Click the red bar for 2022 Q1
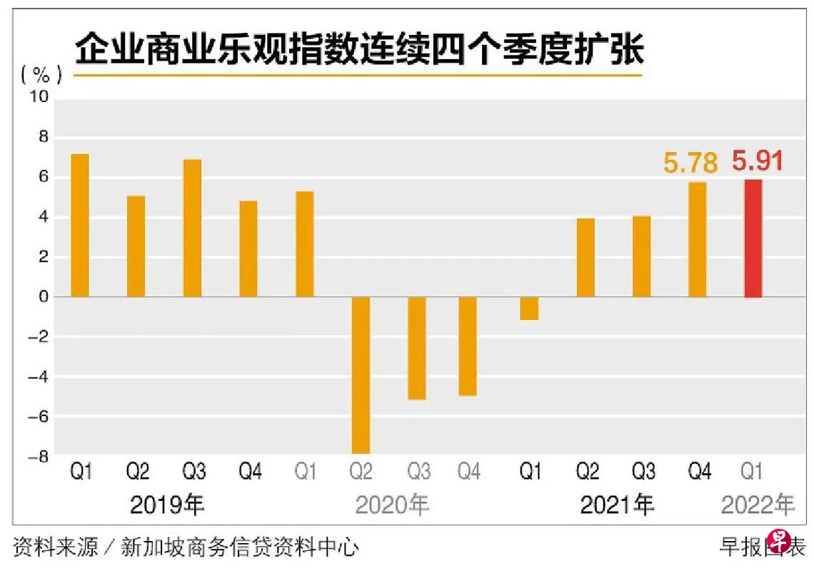[753, 238]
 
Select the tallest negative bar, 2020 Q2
[361, 375]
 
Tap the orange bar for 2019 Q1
[80, 226]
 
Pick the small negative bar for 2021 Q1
[529, 308]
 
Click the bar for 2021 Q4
[697, 240]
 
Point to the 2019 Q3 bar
[192, 228]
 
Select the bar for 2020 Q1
[304, 244]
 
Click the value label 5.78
[690, 163]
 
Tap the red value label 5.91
[758, 161]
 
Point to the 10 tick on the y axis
[38, 98]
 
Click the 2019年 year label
[167, 505]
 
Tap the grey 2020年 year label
[392, 505]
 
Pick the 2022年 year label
[758, 505]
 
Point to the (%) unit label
[41, 74]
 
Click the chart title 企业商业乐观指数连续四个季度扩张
[359, 51]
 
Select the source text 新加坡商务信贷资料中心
[240, 547]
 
